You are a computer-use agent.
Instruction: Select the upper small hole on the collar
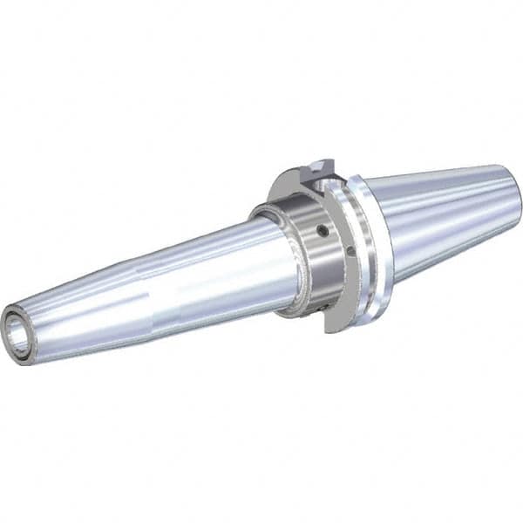(322, 232)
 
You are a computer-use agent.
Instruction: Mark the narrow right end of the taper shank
(514, 192)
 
